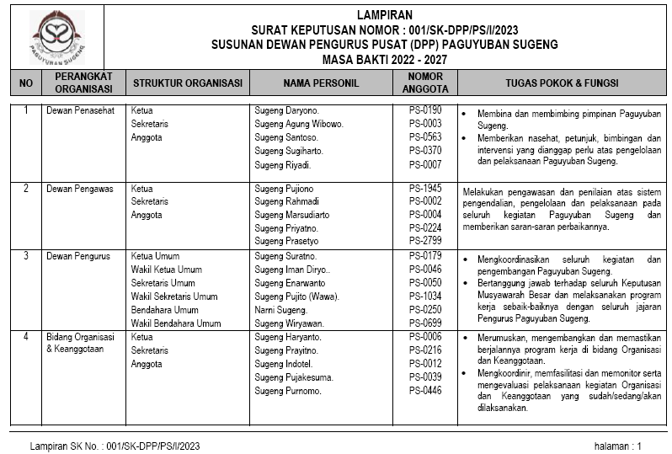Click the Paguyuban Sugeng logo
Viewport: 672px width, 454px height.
[x=58, y=37]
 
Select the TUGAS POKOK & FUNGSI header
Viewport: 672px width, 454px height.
[x=562, y=83]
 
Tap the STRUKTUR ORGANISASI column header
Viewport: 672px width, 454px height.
[x=188, y=83]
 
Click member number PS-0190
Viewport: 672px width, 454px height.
[x=425, y=110]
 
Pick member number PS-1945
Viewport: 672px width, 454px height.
[x=425, y=189]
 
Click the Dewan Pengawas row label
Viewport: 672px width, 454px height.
[x=80, y=189]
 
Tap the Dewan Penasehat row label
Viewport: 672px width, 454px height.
[x=82, y=110]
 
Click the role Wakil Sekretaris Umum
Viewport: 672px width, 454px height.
[x=174, y=296]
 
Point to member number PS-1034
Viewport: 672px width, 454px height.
[x=425, y=296]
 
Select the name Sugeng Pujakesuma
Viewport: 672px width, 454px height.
[x=294, y=377]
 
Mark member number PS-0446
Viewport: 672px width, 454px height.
[x=425, y=391]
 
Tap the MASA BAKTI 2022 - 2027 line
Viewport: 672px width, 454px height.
[x=384, y=59]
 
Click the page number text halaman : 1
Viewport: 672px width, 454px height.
[x=617, y=446]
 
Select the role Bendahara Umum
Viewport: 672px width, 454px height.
[x=165, y=310]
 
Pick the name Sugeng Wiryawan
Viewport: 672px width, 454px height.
[x=288, y=323]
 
